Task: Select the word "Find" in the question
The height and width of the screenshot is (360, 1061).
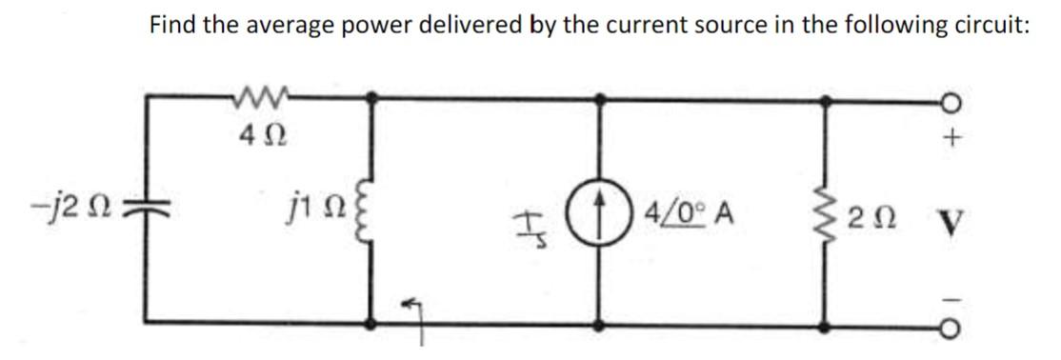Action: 173,25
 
